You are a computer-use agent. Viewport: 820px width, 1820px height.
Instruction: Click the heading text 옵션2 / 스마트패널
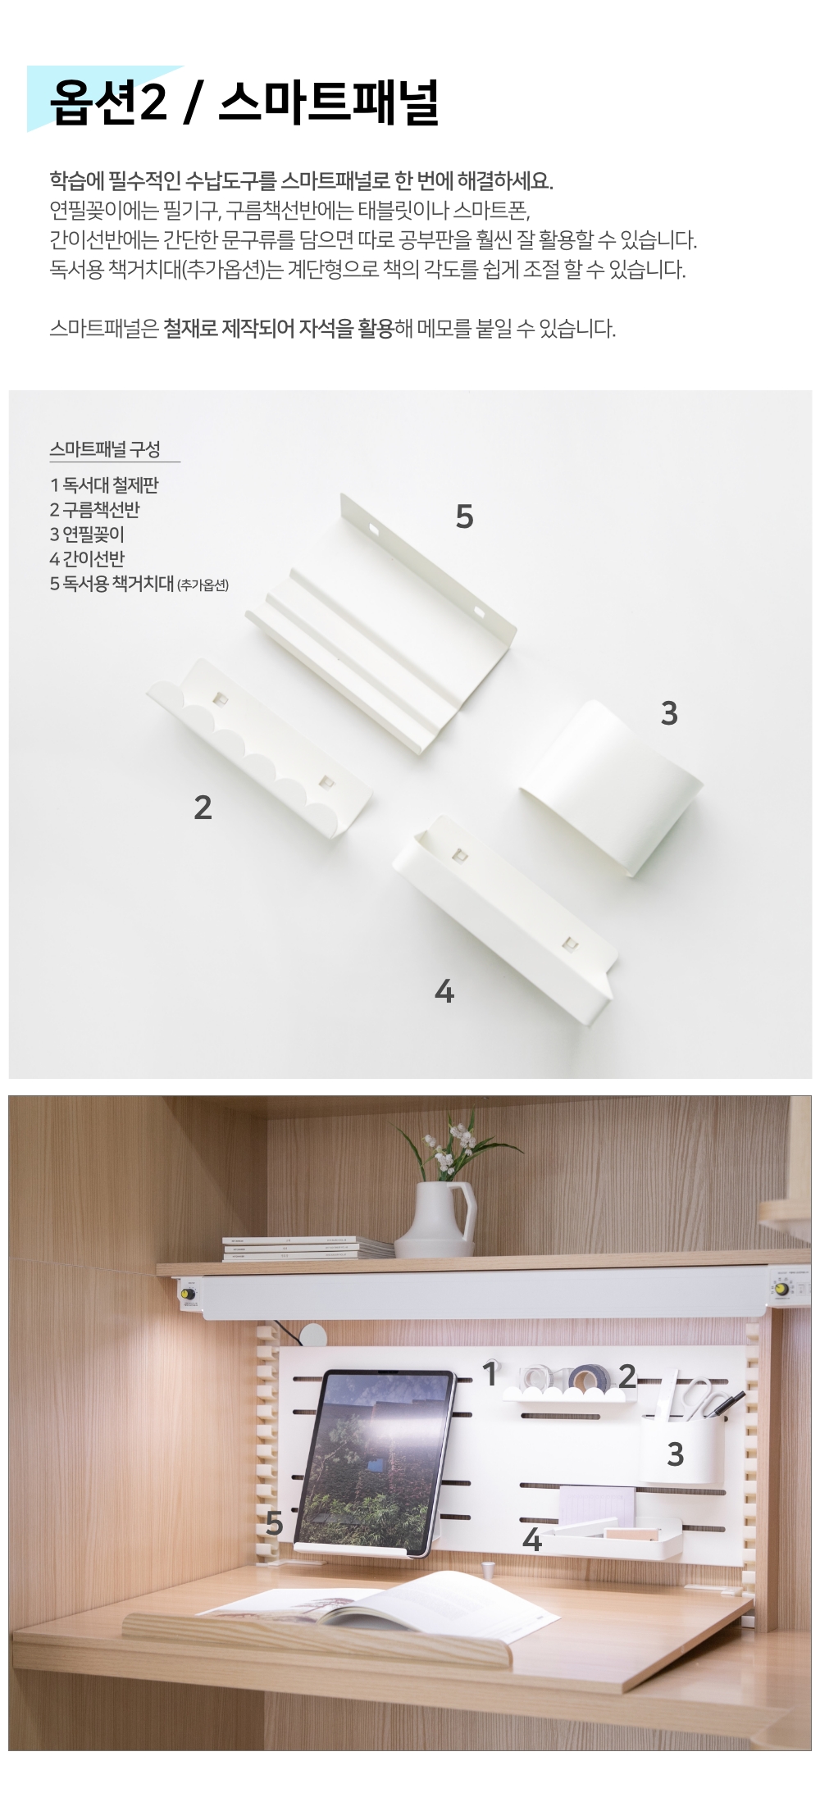(244, 102)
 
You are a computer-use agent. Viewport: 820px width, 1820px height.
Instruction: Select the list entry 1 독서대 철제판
(104, 485)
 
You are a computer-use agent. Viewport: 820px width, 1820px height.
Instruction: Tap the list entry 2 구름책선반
(94, 509)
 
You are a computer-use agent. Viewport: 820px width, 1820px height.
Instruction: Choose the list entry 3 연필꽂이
(87, 534)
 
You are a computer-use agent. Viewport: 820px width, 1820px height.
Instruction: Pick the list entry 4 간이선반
(87, 558)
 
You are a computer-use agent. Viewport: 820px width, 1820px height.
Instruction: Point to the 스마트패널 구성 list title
(105, 448)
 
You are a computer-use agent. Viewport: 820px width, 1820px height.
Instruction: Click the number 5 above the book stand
(464, 516)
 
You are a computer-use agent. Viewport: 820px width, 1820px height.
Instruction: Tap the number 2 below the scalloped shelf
(203, 808)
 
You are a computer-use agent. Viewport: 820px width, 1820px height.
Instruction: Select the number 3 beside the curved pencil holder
(669, 713)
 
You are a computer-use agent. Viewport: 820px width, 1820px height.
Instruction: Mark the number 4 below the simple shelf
(444, 992)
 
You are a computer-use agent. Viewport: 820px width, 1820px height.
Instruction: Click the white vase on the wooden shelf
(435, 1219)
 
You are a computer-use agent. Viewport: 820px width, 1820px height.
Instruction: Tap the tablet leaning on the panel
(373, 1463)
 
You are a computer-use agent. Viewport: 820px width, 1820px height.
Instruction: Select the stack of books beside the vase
(307, 1249)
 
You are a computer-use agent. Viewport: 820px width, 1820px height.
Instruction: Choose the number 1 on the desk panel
(490, 1374)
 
